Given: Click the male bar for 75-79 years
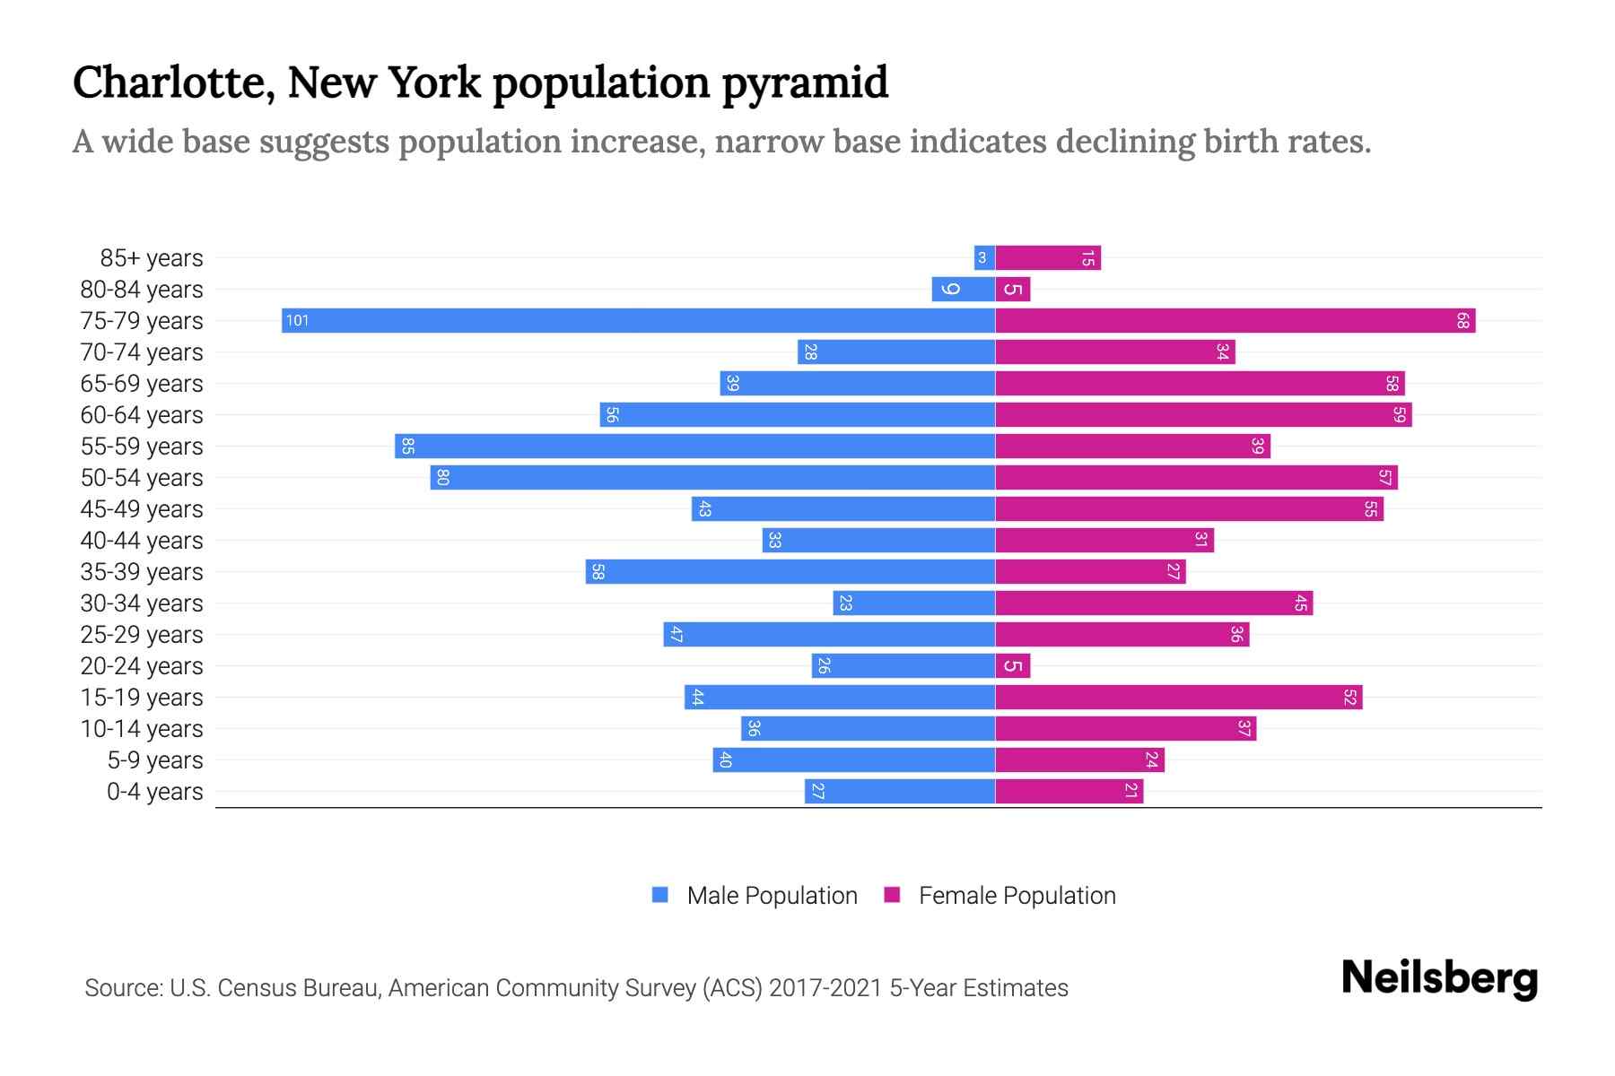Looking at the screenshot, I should point(637,321).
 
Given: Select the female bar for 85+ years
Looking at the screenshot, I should point(1047,258).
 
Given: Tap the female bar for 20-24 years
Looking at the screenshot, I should point(1012,666).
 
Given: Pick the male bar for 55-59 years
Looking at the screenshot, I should point(694,447).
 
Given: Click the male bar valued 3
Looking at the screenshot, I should point(984,258).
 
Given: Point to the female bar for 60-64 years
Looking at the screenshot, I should point(1202,415).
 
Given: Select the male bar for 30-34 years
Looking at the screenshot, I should point(913,603).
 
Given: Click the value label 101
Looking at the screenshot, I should point(297,321).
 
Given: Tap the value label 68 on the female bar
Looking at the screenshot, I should point(1462,321).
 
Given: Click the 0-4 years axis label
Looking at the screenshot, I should point(154,792).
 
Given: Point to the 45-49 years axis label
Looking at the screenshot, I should point(142,509).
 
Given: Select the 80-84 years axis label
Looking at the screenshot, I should point(142,290).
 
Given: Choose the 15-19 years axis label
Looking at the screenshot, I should point(142,698).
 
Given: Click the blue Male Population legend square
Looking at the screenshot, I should point(660,895).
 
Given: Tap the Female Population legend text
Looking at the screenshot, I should point(1017,896).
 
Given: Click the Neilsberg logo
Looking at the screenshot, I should point(1439,978).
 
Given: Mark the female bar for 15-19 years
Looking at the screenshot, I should point(1178,698).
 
